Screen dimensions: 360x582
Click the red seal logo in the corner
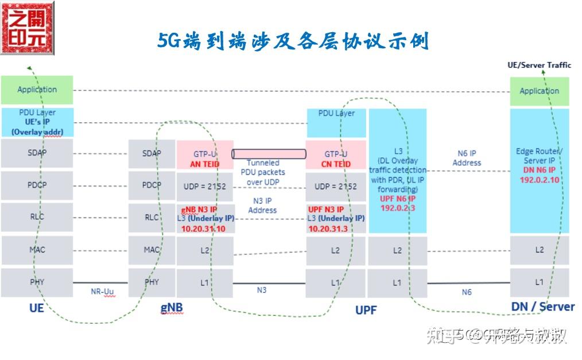pyautogui.click(x=27, y=28)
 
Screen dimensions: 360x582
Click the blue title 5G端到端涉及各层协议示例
pyautogui.click(x=293, y=41)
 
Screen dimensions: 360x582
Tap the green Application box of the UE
pyautogui.click(x=37, y=90)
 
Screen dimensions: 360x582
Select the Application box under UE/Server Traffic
pyautogui.click(x=539, y=91)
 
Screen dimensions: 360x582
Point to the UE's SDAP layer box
pyautogui.click(x=37, y=153)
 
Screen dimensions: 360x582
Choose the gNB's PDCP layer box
pyautogui.click(x=152, y=185)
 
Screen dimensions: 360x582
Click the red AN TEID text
pyautogui.click(x=205, y=164)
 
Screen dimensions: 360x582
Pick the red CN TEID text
pyautogui.click(x=336, y=164)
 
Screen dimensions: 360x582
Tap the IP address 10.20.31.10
pyautogui.click(x=203, y=229)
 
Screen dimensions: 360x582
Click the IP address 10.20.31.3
pyautogui.click(x=328, y=229)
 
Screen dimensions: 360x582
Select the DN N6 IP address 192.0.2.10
pyautogui.click(x=540, y=180)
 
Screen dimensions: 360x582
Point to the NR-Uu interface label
pyautogui.click(x=103, y=292)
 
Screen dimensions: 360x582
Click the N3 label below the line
pyautogui.click(x=261, y=290)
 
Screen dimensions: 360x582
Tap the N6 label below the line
pyautogui.click(x=467, y=292)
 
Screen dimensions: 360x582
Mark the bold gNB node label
pyautogui.click(x=171, y=307)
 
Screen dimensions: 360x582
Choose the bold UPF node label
pyautogui.click(x=366, y=310)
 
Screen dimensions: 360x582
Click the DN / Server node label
pyautogui.click(x=542, y=307)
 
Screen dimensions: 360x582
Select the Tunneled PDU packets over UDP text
pyautogui.click(x=263, y=172)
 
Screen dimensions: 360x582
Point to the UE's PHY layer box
pyautogui.click(x=37, y=282)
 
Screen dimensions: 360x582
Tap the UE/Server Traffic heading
pyautogui.click(x=539, y=65)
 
